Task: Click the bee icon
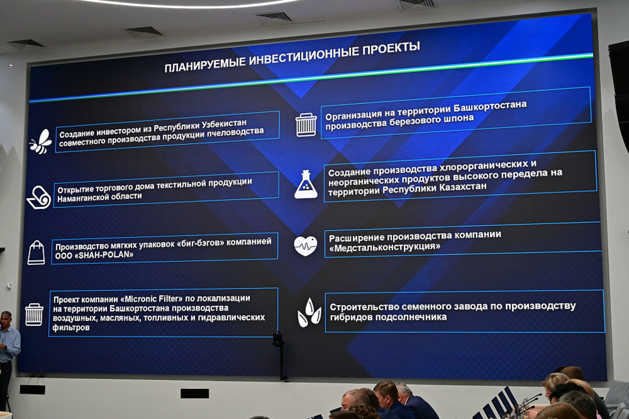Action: [x=41, y=142]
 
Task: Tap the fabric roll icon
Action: [x=39, y=197]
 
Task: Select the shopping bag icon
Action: [x=36, y=253]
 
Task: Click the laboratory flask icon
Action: [x=306, y=184]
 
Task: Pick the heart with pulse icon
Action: [x=305, y=246]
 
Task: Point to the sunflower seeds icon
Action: [x=309, y=312]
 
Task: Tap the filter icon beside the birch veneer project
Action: [x=306, y=125]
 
